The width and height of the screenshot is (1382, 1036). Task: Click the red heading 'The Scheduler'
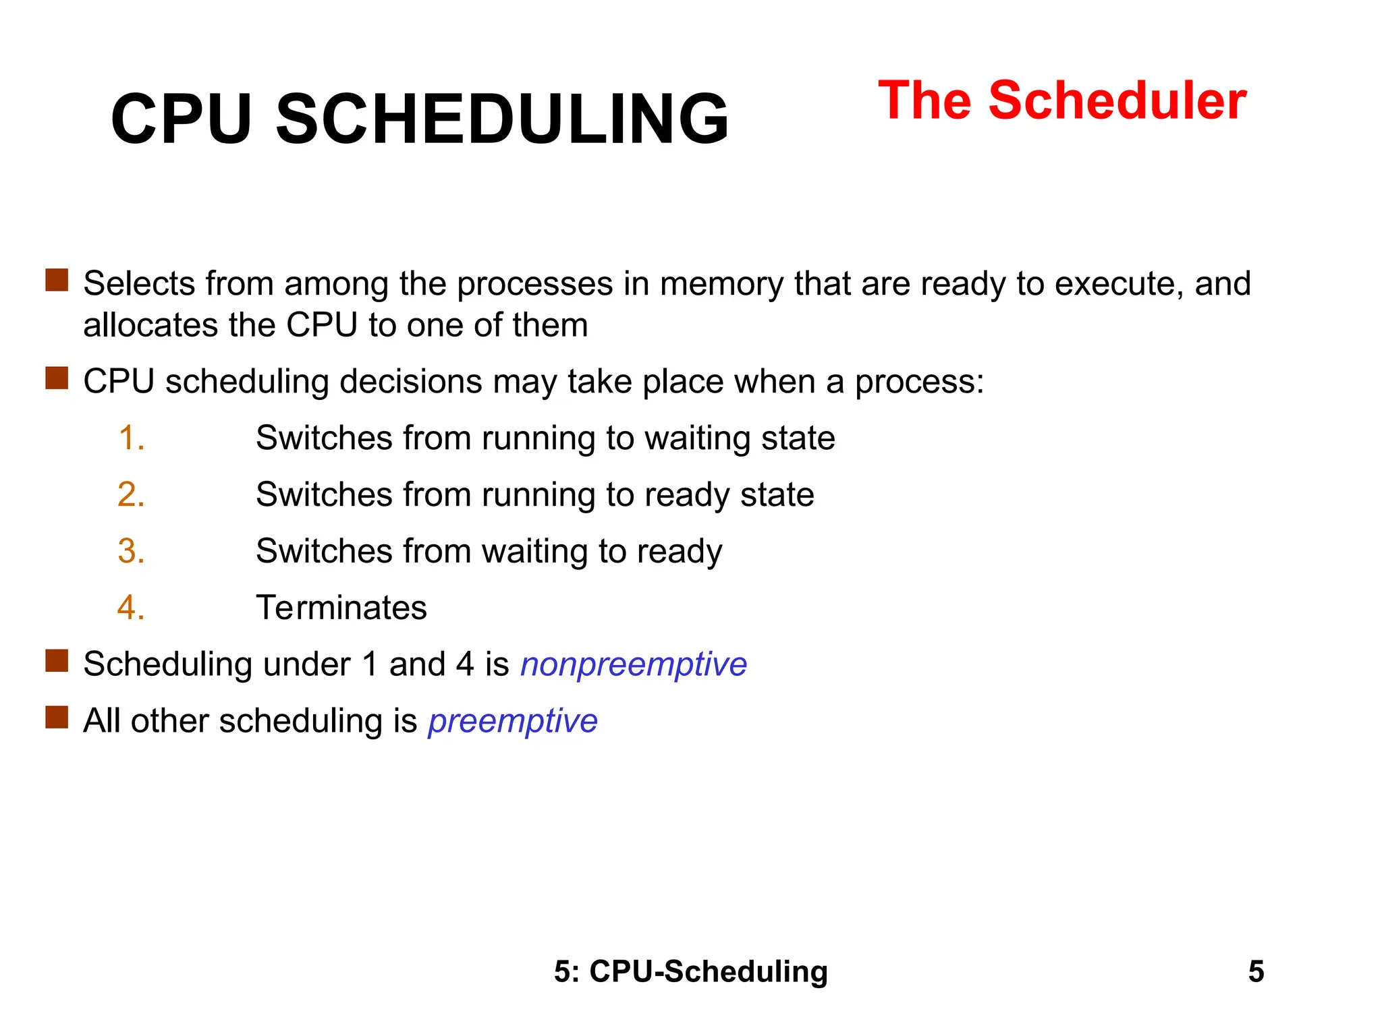[1061, 101]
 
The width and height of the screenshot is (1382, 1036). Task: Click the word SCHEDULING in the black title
[503, 119]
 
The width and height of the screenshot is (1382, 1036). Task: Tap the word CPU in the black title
[181, 119]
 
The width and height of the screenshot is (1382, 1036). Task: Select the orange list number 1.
[131, 438]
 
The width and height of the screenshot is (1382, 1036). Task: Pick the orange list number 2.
[131, 494]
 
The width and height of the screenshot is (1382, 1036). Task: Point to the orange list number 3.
[131, 551]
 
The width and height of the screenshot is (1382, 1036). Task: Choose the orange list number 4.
[131, 608]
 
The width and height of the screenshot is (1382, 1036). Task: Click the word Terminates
[341, 608]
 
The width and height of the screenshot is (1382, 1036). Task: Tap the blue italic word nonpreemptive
[634, 665]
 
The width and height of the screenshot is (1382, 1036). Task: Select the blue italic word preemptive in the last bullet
[513, 722]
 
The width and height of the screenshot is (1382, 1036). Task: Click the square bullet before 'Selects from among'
[57, 280]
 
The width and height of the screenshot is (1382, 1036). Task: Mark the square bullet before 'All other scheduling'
[57, 718]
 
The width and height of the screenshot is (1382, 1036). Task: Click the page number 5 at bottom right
[1256, 972]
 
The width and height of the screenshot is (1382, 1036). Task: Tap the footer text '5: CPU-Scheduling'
[691, 972]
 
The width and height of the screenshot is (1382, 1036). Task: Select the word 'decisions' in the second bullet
[410, 382]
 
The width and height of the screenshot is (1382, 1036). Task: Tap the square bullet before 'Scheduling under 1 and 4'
[57, 661]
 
